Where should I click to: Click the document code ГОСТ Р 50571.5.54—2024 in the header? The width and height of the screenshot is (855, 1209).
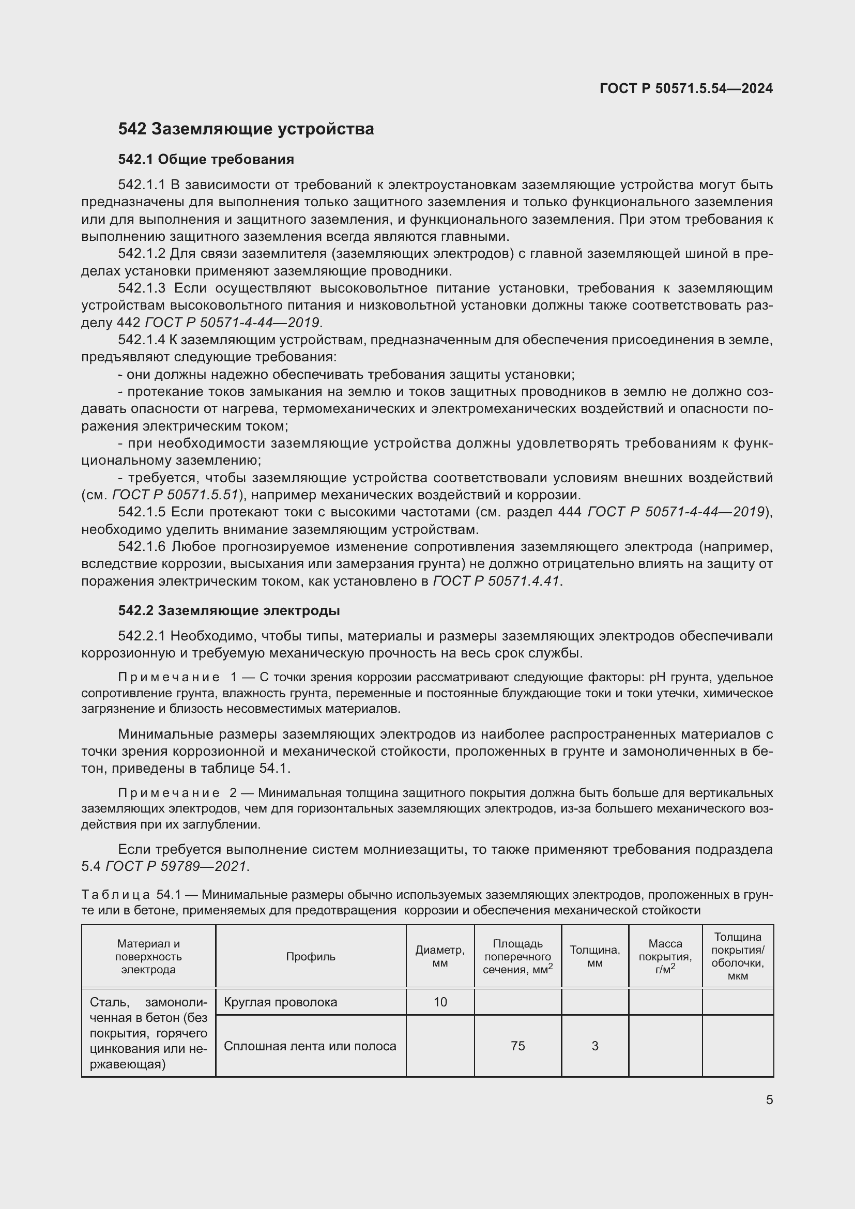click(x=686, y=88)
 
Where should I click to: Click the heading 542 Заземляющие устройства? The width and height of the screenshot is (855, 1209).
click(x=246, y=129)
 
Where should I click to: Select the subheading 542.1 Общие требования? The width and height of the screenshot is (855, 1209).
click(x=206, y=159)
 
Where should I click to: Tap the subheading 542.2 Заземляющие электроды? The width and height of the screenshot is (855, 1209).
click(x=228, y=611)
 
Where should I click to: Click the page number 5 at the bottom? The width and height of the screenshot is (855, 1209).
click(x=769, y=1100)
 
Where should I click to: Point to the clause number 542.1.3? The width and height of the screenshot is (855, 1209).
click(x=142, y=288)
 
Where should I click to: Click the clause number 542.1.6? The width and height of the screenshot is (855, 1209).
click(x=142, y=546)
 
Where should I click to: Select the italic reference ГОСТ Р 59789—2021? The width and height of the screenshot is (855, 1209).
click(x=176, y=866)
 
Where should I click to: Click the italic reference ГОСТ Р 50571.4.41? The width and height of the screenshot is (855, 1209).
click(x=496, y=581)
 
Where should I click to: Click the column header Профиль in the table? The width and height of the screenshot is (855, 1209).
click(x=311, y=957)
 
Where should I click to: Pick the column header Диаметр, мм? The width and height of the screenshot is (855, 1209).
click(x=439, y=957)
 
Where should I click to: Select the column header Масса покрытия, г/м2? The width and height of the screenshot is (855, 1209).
click(x=665, y=957)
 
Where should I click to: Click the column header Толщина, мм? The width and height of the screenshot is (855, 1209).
click(x=594, y=957)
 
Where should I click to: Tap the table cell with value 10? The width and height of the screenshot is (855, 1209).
click(x=440, y=1002)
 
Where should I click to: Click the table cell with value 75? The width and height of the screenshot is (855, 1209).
click(x=517, y=1046)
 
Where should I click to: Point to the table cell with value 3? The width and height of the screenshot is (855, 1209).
click(x=594, y=1046)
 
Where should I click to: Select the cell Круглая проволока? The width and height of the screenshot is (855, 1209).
click(x=280, y=1002)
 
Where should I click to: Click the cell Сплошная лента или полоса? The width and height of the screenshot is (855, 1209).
click(x=310, y=1046)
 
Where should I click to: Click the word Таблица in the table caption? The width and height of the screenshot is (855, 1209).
click(x=116, y=895)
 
